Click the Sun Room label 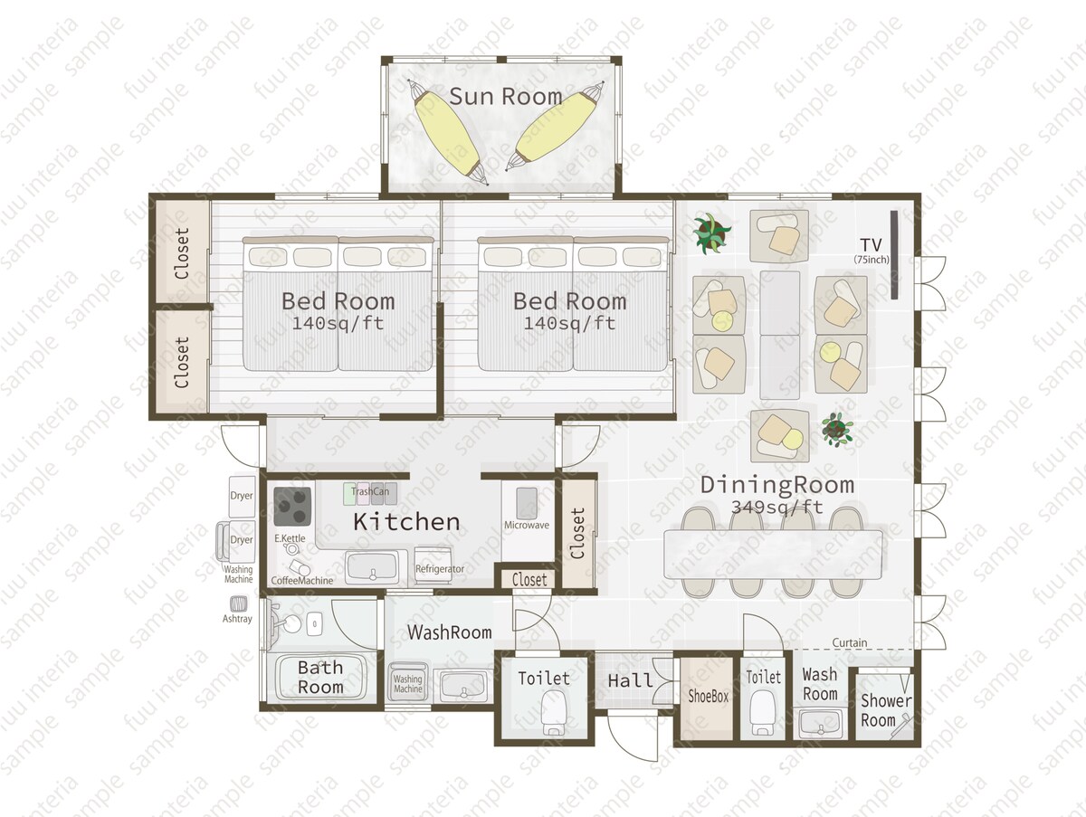[x=506, y=97]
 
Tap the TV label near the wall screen [x=871, y=245]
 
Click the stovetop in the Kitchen [x=292, y=507]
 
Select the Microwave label [x=527, y=525]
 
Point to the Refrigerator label [x=440, y=569]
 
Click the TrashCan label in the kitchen [x=370, y=491]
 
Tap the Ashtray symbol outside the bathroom [x=239, y=603]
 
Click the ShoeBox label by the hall [x=709, y=697]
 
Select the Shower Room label [x=886, y=710]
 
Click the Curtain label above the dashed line [x=850, y=643]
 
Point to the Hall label [x=630, y=681]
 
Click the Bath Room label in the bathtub [x=320, y=678]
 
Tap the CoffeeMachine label [x=301, y=581]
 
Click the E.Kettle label [x=290, y=538]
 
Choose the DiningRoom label [x=777, y=485]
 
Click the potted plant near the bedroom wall [x=710, y=233]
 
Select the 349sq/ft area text [x=777, y=507]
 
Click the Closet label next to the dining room [x=578, y=533]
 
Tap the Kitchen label [x=406, y=522]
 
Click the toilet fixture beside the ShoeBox [x=762, y=713]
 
